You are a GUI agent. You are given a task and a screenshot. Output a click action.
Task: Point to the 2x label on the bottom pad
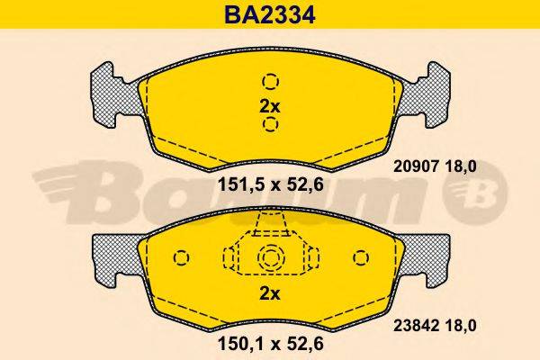coord(270,294)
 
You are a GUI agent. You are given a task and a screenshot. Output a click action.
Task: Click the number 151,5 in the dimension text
coord(238,186)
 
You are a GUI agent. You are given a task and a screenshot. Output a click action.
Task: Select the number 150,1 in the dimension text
coord(238,343)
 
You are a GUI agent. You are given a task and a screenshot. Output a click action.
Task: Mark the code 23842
coord(415,328)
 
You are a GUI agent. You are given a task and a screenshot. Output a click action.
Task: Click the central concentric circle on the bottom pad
coord(270,258)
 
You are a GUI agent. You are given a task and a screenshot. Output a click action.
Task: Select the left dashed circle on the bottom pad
coord(183,259)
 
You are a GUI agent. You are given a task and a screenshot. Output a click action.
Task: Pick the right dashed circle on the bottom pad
coord(357,259)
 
